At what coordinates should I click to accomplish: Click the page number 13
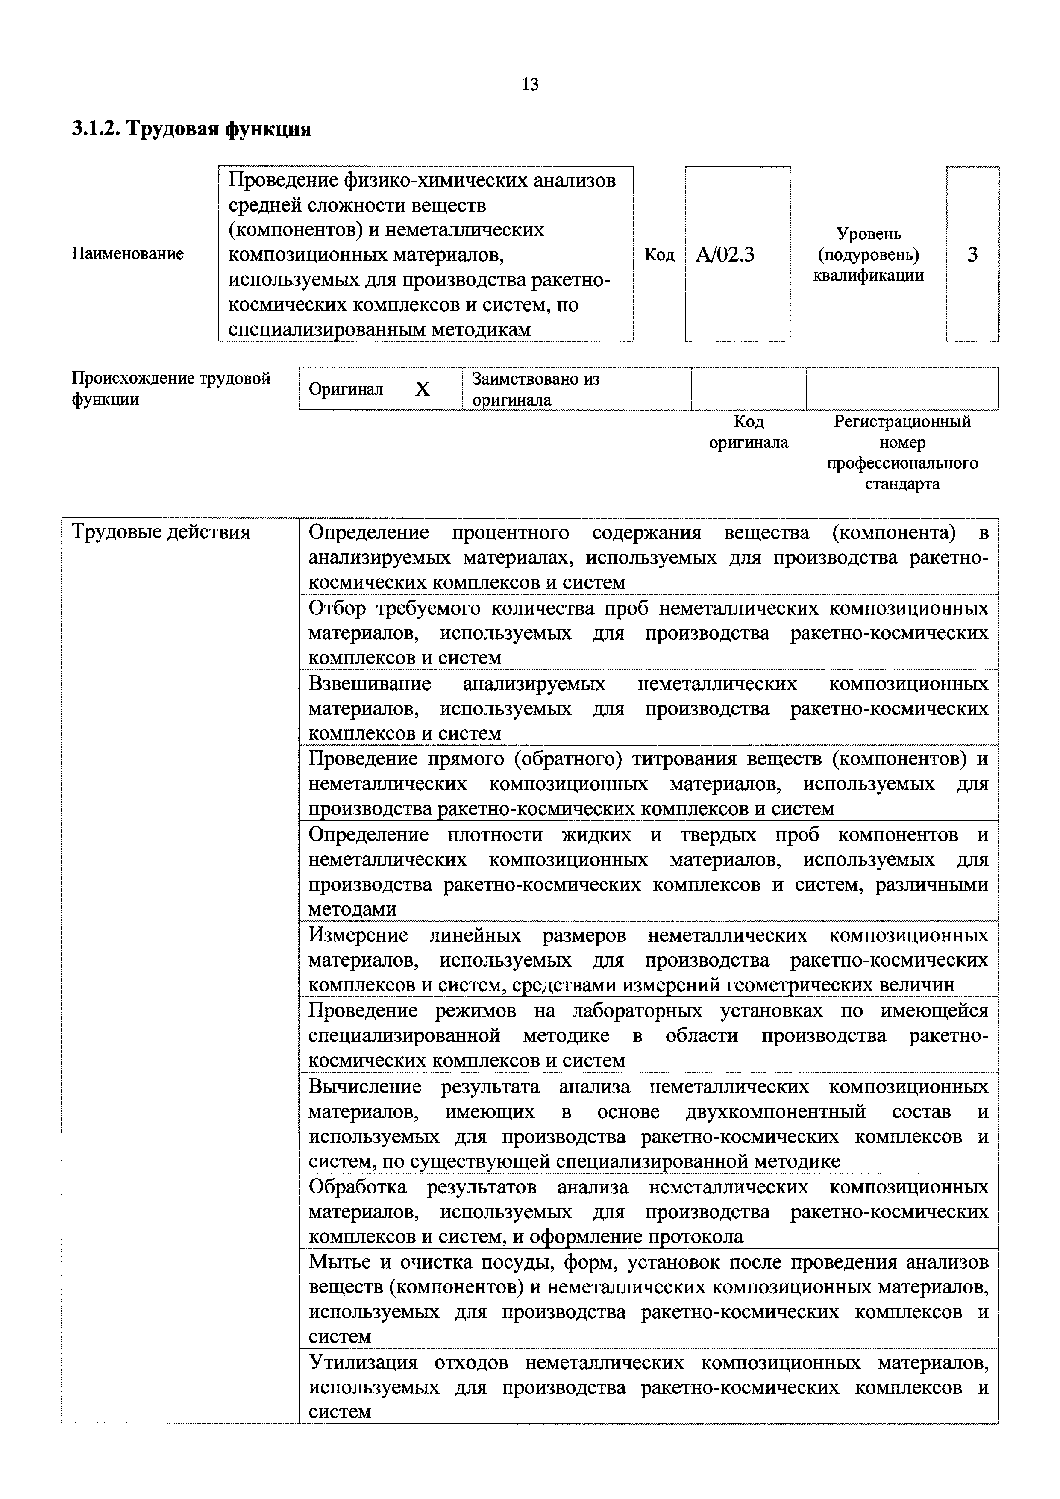click(x=530, y=84)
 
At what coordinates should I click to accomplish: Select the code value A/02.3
click(x=725, y=255)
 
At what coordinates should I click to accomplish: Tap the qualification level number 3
click(x=972, y=255)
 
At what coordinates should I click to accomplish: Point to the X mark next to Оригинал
click(x=423, y=390)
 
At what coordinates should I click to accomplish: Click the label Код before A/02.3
click(x=659, y=255)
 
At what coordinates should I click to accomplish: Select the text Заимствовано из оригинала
click(x=535, y=389)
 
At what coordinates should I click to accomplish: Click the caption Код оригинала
click(x=749, y=432)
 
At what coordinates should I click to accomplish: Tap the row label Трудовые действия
click(x=161, y=533)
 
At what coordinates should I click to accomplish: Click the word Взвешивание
click(x=370, y=684)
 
